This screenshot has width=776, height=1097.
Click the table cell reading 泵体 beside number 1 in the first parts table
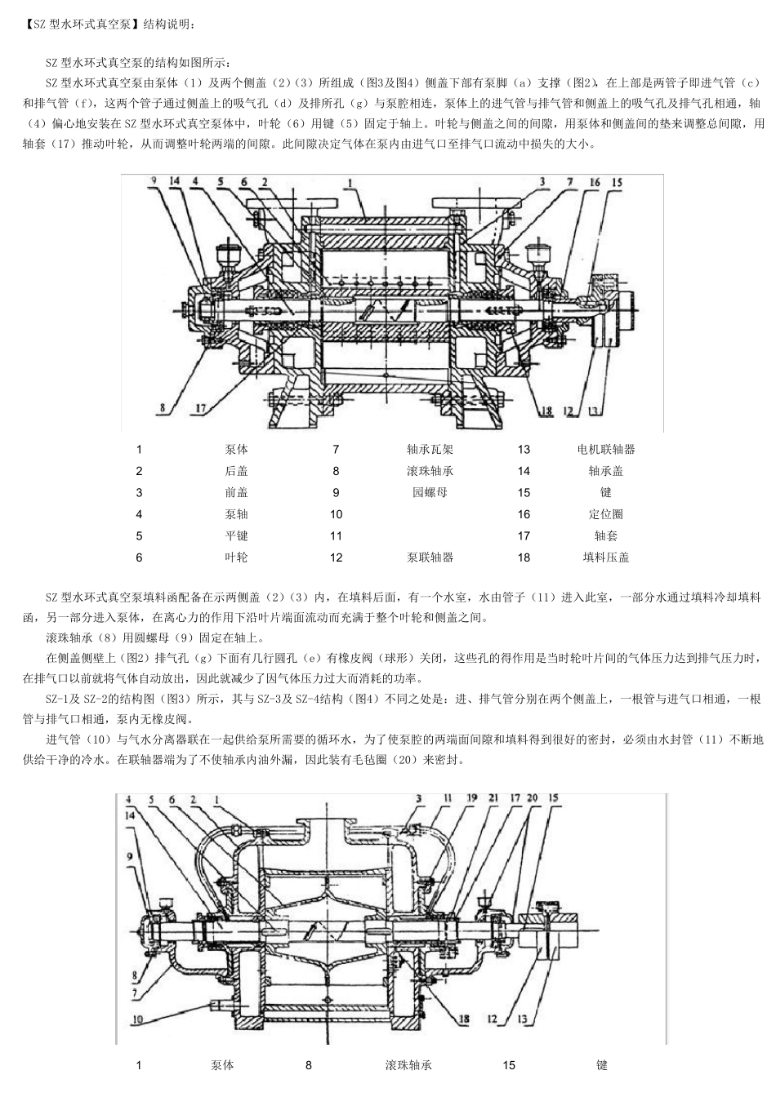point(236,449)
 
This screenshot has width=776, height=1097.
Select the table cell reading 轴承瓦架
point(430,449)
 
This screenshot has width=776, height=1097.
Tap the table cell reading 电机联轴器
point(605,449)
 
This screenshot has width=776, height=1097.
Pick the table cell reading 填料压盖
point(605,557)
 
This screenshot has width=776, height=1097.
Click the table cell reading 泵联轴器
point(430,557)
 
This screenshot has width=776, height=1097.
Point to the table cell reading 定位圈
point(605,514)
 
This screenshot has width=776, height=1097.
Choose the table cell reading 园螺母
point(430,492)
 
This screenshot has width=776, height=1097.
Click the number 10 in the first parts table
point(336,514)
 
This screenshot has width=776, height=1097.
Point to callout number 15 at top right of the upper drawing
point(617,183)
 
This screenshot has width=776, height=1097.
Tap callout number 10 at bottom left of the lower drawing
point(137,1019)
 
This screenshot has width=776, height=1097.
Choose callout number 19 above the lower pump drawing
point(472,797)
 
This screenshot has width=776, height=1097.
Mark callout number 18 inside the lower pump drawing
point(464,1019)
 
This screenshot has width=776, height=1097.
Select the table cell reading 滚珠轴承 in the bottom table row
point(408,1065)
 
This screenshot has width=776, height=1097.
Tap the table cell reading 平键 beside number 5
point(236,535)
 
